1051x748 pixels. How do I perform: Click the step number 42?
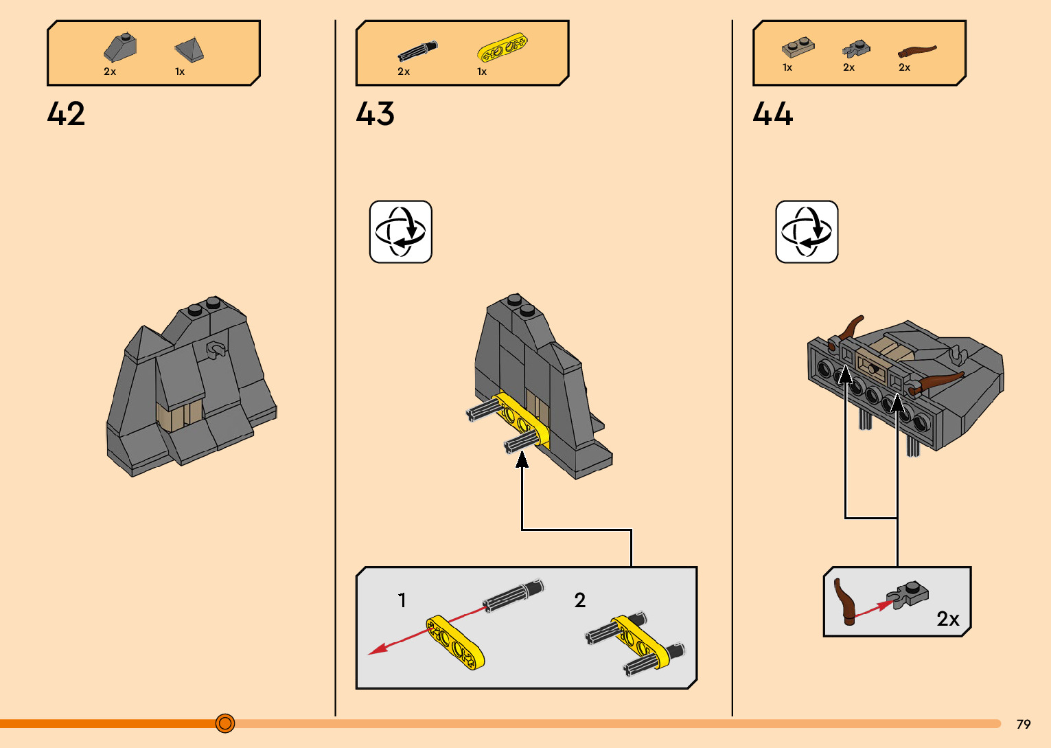[66, 113]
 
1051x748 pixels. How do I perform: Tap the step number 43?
[375, 113]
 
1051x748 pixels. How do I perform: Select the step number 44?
[772, 113]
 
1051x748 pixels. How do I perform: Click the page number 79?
[1024, 724]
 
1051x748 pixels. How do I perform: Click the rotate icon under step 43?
[401, 232]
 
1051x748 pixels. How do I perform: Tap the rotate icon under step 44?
[807, 232]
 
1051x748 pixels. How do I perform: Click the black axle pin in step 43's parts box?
[417, 52]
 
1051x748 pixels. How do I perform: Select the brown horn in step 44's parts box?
[917, 51]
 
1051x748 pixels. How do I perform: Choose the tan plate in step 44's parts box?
[798, 48]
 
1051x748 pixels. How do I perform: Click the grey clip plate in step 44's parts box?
[855, 49]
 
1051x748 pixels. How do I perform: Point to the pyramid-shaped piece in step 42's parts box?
[189, 49]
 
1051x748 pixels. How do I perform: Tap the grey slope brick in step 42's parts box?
[120, 47]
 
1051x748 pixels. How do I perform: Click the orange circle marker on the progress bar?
[225, 723]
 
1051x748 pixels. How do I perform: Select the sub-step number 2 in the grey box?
[580, 600]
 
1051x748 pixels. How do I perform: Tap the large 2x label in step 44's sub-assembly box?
[948, 619]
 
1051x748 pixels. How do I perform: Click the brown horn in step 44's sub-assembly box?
[844, 602]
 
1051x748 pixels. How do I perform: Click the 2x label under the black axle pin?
[404, 71]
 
